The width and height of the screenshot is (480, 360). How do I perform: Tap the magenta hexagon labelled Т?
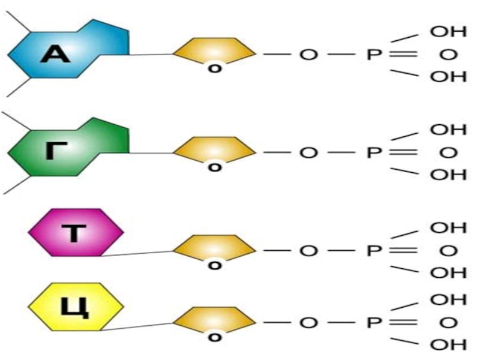pos(76,232)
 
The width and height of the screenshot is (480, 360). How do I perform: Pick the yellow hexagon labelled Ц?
pos(76,307)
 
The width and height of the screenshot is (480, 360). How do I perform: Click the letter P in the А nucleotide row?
pos(373,55)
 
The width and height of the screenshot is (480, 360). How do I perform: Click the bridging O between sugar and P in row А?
pos(308,55)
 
